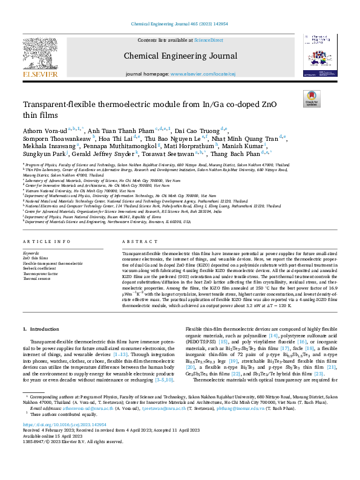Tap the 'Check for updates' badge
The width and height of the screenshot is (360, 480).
(312, 99)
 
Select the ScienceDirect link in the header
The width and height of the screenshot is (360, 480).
(208, 39)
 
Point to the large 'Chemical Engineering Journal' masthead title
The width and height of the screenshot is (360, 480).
(179, 56)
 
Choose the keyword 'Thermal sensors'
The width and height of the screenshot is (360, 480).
(35, 278)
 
